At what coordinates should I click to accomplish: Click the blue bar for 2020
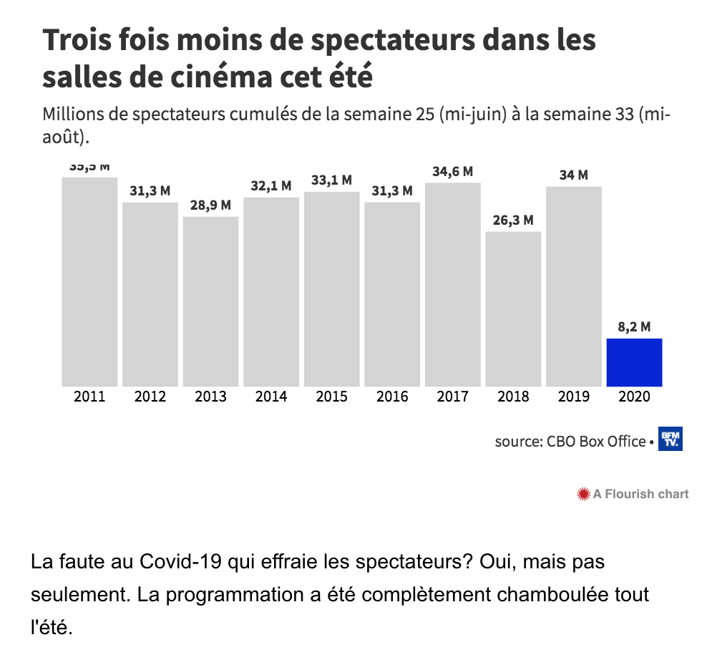coord(634,362)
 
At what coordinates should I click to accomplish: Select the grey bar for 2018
coord(513,309)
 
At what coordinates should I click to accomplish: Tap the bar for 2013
coord(210,301)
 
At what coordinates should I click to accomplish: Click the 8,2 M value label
coord(634,327)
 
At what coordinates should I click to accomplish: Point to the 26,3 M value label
coord(513,220)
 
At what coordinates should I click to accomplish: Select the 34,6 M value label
coord(452,172)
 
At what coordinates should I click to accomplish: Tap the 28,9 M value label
coord(210,205)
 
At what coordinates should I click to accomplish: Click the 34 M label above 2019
coord(573,175)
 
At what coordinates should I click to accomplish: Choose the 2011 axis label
coord(89,397)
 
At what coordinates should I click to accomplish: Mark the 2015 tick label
coord(331,397)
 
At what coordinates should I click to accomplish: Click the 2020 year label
coord(634,397)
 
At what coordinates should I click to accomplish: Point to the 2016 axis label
coord(392,397)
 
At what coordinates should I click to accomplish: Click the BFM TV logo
coord(671,440)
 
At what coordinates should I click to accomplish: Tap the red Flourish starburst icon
coord(584,494)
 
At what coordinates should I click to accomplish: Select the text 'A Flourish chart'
coord(641,494)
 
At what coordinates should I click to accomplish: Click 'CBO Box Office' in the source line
coord(596,442)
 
